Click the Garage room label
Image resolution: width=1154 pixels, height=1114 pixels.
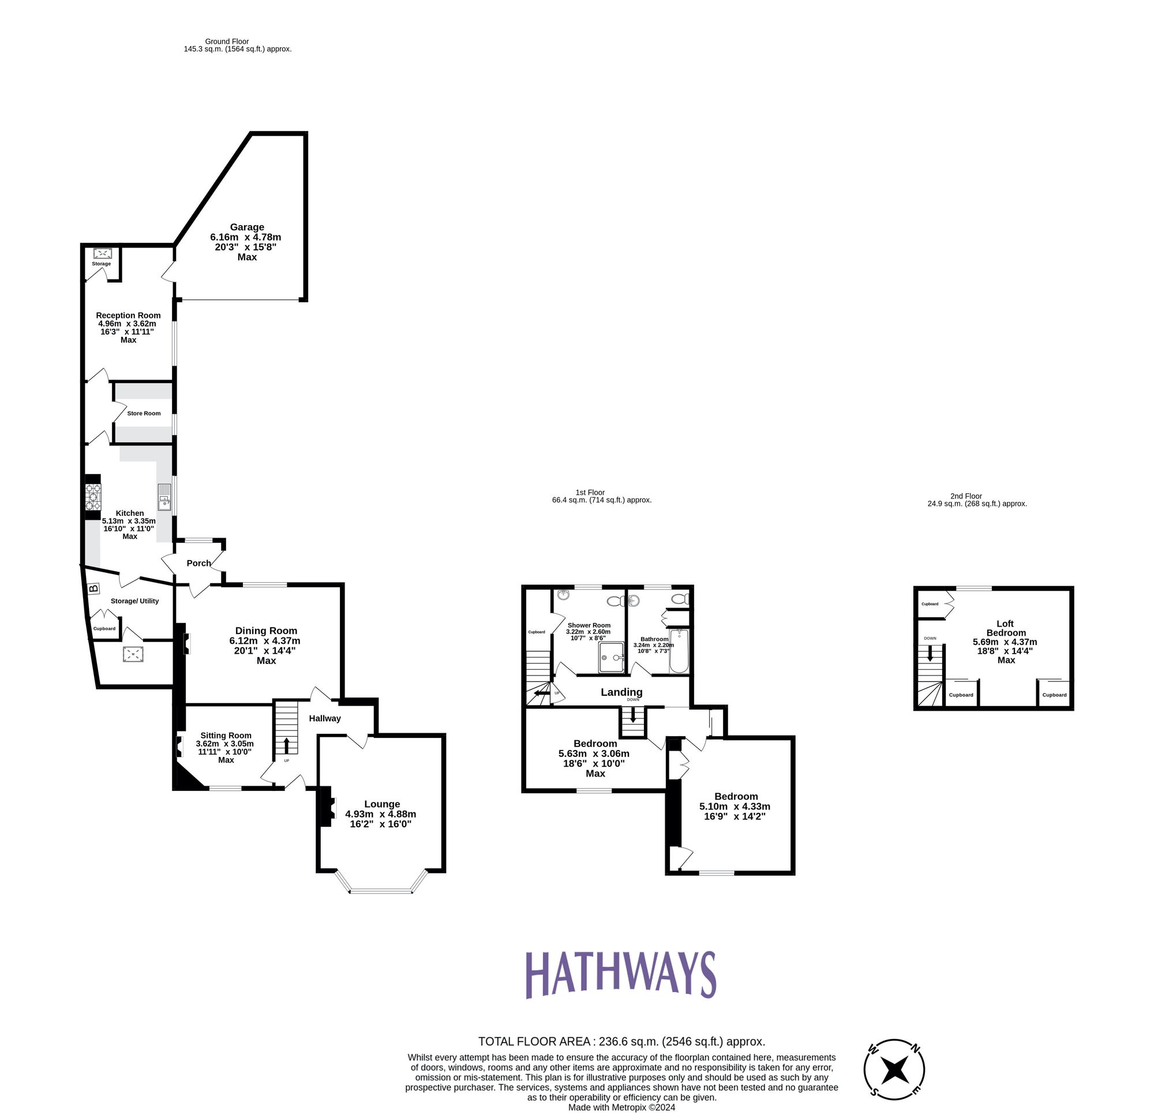click(247, 227)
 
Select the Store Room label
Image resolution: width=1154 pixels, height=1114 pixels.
click(144, 413)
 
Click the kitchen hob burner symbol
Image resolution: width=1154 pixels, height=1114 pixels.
click(93, 497)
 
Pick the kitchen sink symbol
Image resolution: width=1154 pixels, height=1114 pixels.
click(164, 497)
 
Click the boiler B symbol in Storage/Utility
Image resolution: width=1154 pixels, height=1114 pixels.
click(93, 588)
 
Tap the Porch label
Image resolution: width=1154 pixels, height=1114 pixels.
click(198, 563)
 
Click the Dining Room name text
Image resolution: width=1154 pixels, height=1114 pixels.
click(266, 631)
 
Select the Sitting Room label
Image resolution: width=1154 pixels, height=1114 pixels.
click(226, 736)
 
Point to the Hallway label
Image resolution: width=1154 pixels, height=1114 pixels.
click(324, 718)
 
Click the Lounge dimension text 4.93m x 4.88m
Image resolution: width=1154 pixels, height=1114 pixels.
click(380, 815)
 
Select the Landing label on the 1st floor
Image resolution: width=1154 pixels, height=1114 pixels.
click(621, 692)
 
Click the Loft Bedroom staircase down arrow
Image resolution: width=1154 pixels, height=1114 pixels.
click(930, 654)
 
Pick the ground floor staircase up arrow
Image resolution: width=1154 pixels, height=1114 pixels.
click(286, 745)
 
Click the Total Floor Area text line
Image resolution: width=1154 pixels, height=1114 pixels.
click(621, 1041)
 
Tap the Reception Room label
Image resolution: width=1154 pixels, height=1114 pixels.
click(128, 316)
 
